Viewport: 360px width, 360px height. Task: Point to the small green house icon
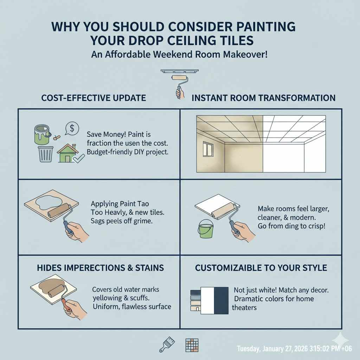click(68, 154)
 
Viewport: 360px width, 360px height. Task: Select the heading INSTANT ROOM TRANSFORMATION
click(263, 98)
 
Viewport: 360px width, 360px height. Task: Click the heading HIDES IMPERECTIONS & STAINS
click(100, 268)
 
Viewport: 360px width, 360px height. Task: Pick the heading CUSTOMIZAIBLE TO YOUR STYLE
click(261, 268)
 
